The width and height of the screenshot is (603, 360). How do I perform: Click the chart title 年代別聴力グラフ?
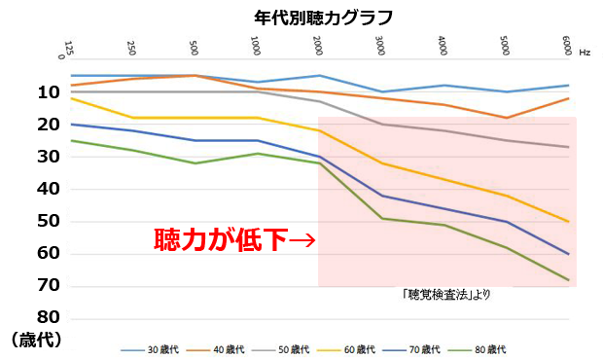coord(316,17)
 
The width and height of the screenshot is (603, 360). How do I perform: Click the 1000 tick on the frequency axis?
coord(256,46)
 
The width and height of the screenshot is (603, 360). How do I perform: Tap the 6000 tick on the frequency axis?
coord(567,46)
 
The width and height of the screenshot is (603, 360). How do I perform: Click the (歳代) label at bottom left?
coord(37,340)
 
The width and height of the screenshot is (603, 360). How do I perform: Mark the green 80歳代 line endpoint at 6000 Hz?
coord(568,280)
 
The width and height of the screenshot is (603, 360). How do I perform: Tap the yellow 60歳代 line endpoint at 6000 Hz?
coord(568,222)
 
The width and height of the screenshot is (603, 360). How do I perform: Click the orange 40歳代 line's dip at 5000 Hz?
coord(506,118)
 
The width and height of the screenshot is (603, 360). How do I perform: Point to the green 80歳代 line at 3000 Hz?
coord(381,218)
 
